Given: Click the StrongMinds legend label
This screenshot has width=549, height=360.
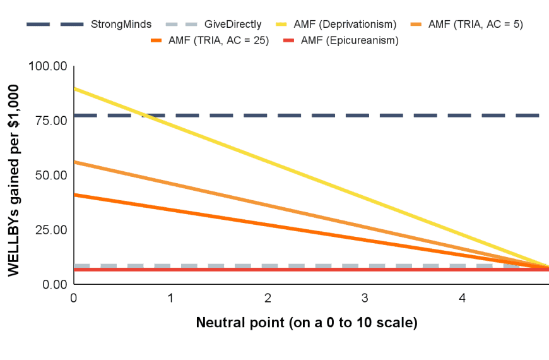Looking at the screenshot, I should coord(121,25).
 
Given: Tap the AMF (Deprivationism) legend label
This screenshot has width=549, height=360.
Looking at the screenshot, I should coord(349,25).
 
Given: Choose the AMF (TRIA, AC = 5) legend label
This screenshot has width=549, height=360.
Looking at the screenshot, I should coord(475,25).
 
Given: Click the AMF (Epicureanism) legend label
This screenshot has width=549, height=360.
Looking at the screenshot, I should coord(350,40).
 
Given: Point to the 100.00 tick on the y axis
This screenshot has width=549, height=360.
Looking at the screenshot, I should coord(49,66).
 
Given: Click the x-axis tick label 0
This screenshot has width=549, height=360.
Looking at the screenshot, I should coord(74,297).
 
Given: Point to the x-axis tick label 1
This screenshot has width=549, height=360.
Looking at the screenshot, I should coord(171,297).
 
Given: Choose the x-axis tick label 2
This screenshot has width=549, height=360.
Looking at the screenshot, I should coord(268,297).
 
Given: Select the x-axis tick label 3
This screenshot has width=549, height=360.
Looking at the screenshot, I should coord(365,297).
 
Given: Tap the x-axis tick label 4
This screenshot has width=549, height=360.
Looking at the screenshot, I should coord(462,297).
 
